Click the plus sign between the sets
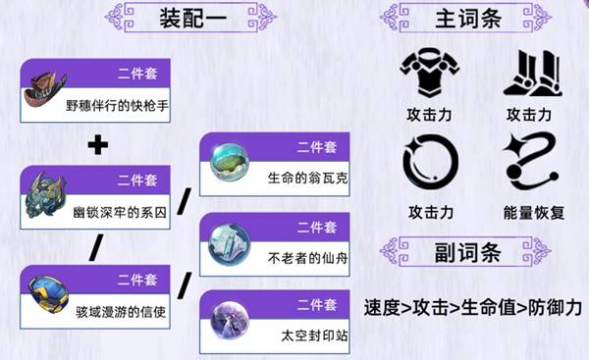tap(96, 145)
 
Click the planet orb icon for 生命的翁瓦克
tap(228, 163)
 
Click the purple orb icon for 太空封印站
tap(228, 321)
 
